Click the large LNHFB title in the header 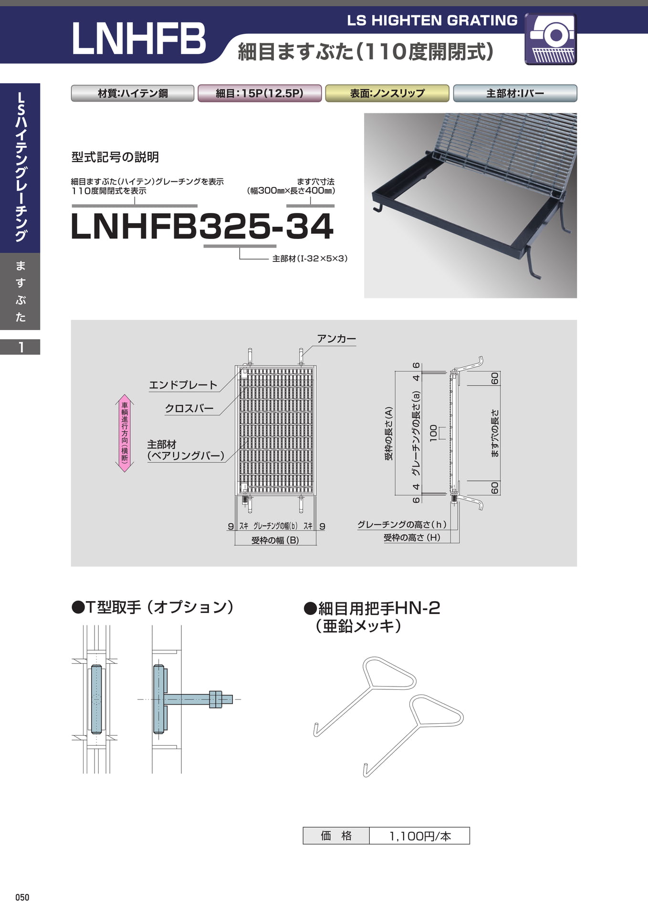[x=138, y=38]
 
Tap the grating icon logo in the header [x=551, y=39]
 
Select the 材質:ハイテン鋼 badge [x=133, y=93]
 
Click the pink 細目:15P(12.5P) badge [x=260, y=93]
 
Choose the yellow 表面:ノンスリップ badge [x=387, y=93]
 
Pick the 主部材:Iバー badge [x=515, y=93]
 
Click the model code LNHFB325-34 [x=202, y=226]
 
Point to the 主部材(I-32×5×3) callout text [x=310, y=259]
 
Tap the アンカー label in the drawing [x=336, y=339]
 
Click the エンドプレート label [x=183, y=385]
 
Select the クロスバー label [x=189, y=408]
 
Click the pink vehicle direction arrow [x=125, y=433]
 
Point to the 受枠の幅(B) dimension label [x=275, y=540]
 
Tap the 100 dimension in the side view [x=433, y=433]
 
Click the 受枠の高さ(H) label [x=412, y=538]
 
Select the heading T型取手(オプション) [x=153, y=607]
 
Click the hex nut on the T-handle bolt [x=216, y=699]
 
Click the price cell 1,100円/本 [x=420, y=836]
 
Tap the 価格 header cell [x=336, y=836]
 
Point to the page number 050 [x=22, y=897]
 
